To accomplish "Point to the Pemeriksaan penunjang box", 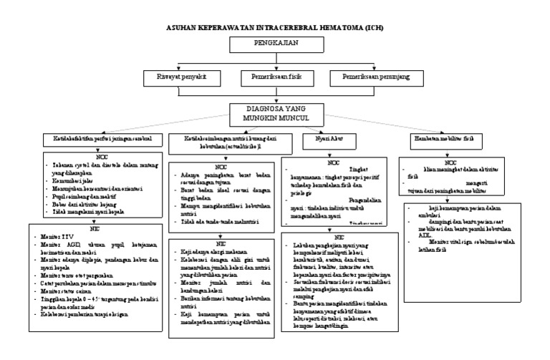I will click(x=370, y=76).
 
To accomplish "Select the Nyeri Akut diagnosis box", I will click(x=319, y=138).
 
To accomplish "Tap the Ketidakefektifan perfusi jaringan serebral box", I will click(x=100, y=138).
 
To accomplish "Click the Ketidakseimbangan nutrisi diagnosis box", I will click(x=221, y=142).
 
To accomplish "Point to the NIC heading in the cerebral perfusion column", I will click(x=94, y=230).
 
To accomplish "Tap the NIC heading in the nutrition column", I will click(x=219, y=243).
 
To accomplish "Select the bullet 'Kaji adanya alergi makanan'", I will click(x=212, y=252).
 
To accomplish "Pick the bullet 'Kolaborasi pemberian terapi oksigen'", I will click(x=87, y=332).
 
